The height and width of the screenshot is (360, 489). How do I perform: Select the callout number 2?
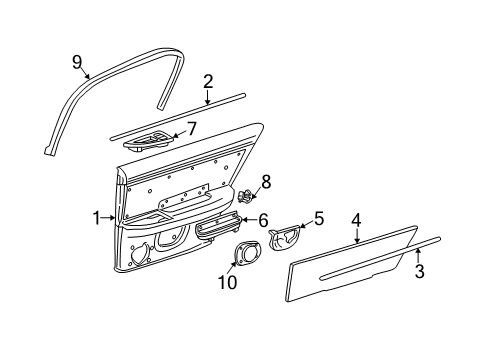pos(208,82)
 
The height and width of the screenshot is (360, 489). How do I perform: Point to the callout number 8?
pos(265,181)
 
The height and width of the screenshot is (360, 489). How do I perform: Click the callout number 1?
pos(97,217)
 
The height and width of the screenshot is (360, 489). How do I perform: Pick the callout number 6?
pos(263,220)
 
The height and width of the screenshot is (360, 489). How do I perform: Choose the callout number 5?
pos(319,217)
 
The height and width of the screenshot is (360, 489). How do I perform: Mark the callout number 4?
pos(357,220)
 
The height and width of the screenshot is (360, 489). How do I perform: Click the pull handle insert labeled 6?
pos(217,229)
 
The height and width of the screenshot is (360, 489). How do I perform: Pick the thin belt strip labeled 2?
pos(180,114)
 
